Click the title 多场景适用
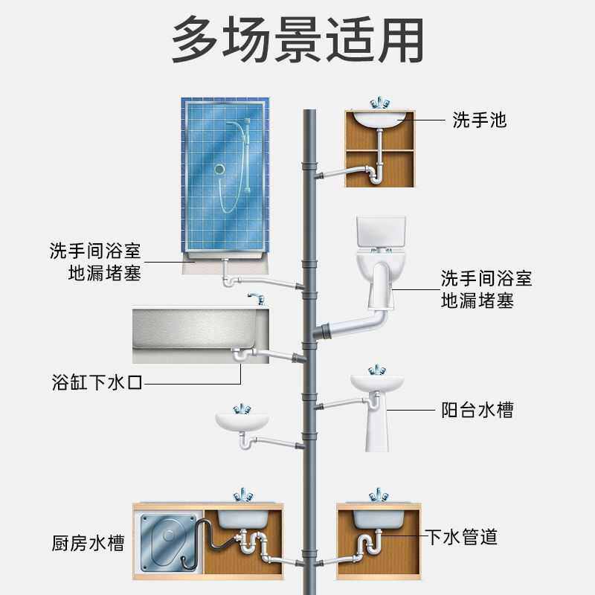pos(297,39)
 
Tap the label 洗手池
pos(479,119)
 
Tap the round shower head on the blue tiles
pos(219,170)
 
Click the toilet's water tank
pos(381,233)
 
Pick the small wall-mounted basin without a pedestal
pos(242,420)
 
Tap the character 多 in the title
pos(196,39)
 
